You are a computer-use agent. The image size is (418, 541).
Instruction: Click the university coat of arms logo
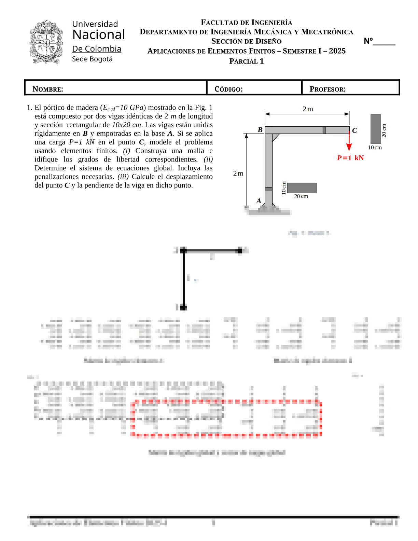pyautogui.click(x=46, y=42)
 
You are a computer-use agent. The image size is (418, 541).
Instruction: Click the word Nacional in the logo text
pyautogui.click(x=99, y=35)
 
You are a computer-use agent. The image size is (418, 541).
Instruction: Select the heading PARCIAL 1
pyautogui.click(x=246, y=61)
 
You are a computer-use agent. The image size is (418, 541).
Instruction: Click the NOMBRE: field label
pyautogui.click(x=48, y=89)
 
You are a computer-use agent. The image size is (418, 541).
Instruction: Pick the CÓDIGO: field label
pyautogui.click(x=228, y=89)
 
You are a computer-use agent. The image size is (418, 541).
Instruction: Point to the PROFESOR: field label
pyautogui.click(x=328, y=89)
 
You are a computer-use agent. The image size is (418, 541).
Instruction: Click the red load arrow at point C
pyautogui.click(x=349, y=142)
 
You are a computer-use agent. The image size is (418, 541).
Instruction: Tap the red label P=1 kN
pyautogui.click(x=350, y=158)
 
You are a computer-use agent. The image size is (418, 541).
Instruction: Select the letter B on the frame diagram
pyautogui.click(x=260, y=130)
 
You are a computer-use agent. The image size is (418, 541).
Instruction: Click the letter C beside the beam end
pyautogui.click(x=354, y=130)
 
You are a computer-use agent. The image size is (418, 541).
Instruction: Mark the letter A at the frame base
pyautogui.click(x=259, y=201)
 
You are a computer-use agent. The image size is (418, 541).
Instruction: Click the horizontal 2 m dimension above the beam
pyautogui.click(x=307, y=109)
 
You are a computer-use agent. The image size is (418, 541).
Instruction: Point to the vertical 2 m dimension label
pyautogui.click(x=238, y=174)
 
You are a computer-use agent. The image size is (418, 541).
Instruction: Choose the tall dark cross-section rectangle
pyautogui.click(x=376, y=129)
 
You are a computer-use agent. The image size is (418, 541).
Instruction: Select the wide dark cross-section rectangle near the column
pyautogui.click(x=302, y=188)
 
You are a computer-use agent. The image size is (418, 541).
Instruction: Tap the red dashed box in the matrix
pyautogui.click(x=226, y=419)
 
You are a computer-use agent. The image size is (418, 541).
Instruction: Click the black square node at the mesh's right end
pyautogui.click(x=240, y=251)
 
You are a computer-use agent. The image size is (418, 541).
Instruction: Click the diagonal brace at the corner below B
pyautogui.click(x=276, y=137)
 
